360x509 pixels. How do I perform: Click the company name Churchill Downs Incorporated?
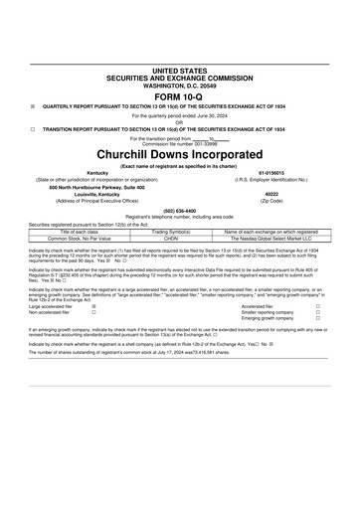(179, 156)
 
